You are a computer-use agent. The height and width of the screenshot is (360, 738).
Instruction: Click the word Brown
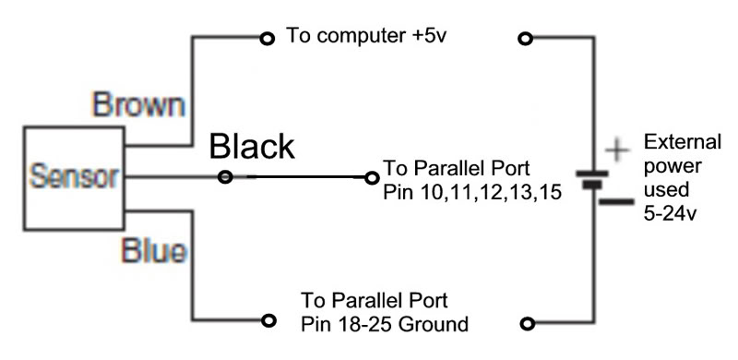point(138,105)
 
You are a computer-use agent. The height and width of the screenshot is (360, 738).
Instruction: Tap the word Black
point(252,146)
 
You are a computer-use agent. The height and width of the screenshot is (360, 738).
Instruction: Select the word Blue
point(154,250)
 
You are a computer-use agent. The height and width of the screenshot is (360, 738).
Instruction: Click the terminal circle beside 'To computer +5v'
point(268,38)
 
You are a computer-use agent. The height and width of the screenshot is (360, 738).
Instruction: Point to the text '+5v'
point(428,36)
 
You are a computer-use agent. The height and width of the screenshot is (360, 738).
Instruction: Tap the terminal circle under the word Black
point(225,177)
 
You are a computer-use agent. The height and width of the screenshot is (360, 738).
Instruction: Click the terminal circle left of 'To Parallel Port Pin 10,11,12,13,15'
point(372,177)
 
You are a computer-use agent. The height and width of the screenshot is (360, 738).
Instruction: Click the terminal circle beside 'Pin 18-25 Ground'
point(268,320)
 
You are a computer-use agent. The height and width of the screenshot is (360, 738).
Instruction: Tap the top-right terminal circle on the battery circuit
point(525,39)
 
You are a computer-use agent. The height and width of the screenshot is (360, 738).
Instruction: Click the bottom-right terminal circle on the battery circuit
point(528,324)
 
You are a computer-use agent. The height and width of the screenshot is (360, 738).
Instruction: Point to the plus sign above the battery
point(616,150)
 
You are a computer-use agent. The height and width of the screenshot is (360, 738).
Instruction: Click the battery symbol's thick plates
point(592,179)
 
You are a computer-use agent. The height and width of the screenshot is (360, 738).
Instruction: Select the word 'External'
point(683,141)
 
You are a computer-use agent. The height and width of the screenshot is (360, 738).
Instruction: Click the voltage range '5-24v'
point(670,214)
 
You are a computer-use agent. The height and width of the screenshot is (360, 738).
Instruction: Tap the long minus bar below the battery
point(616,202)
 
